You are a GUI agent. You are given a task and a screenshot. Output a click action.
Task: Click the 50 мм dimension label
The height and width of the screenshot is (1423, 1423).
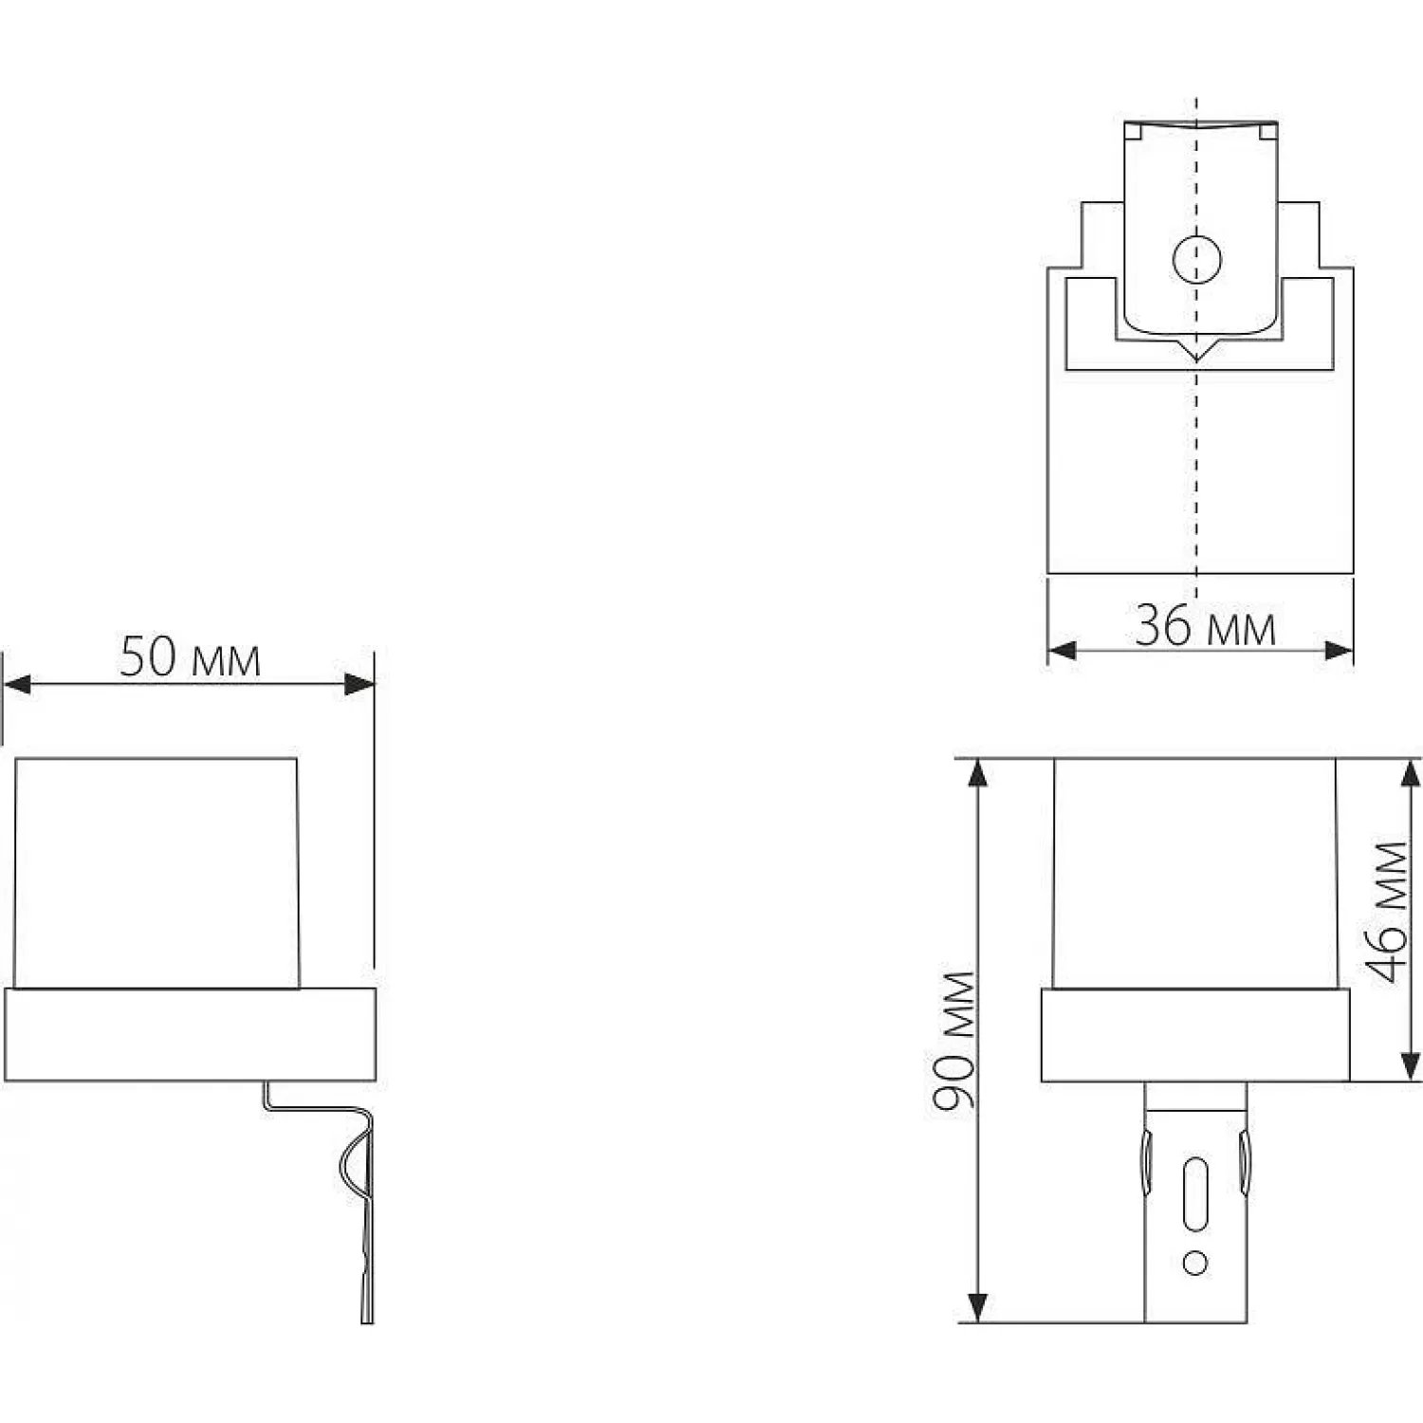190,656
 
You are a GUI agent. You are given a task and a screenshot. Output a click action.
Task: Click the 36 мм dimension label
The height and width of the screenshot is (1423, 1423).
1205,626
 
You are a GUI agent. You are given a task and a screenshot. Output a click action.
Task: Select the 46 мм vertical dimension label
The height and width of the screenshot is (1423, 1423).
1392,912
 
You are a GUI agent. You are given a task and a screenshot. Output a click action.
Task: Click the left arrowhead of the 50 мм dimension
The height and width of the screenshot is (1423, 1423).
17,685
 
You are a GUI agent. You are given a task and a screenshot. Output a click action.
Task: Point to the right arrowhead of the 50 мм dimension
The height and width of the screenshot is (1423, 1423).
359,685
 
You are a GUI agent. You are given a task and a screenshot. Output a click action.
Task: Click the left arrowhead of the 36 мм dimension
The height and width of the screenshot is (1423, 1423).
1063,650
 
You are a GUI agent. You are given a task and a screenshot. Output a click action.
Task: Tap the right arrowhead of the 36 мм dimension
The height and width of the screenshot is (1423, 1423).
1338,650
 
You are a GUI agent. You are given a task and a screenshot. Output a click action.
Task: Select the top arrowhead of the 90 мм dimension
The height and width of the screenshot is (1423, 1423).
978,774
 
